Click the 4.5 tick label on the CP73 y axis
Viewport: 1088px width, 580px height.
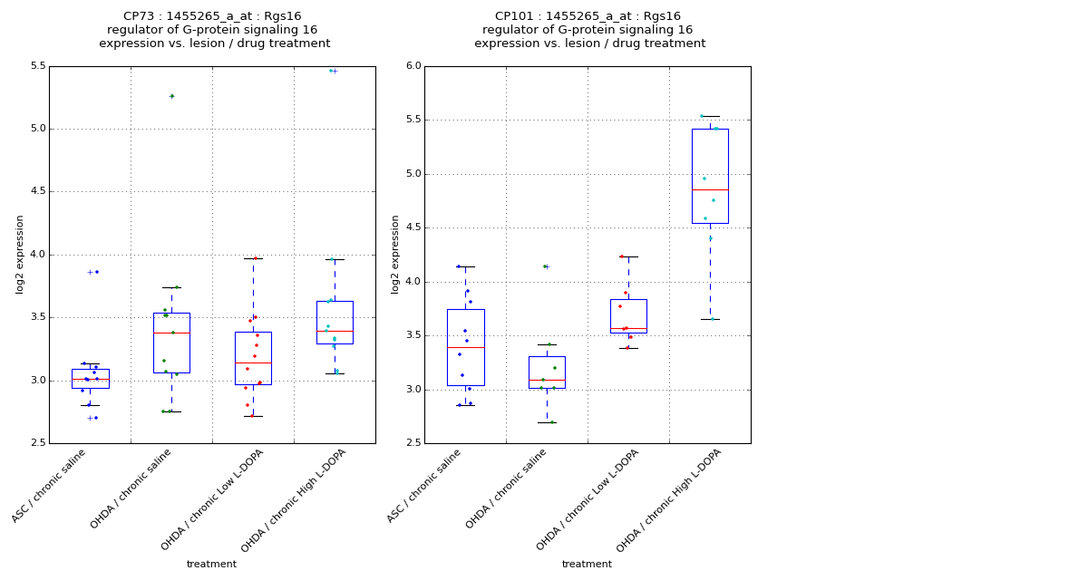point(38,192)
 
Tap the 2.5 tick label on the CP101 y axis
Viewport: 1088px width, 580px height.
point(413,443)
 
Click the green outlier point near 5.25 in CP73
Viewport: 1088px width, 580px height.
point(171,96)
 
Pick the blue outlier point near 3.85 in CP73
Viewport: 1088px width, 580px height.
point(96,272)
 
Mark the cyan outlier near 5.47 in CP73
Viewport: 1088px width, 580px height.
point(331,71)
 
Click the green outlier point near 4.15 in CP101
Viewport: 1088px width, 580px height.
point(545,266)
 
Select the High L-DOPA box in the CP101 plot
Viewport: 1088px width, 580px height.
point(710,176)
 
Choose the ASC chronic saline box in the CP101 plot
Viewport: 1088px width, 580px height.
point(465,347)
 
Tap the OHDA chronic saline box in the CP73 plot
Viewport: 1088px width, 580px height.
point(171,343)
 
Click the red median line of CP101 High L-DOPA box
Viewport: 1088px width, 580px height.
point(710,189)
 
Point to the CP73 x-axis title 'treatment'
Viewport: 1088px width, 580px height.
point(211,565)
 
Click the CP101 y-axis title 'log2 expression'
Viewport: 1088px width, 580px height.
point(395,254)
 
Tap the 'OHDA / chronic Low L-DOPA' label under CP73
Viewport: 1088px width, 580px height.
point(212,499)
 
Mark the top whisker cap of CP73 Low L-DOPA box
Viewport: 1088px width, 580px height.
point(253,258)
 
